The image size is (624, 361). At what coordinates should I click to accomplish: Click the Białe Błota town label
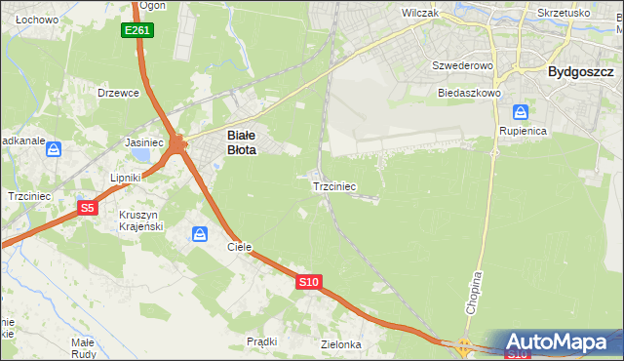pyautogui.click(x=242, y=143)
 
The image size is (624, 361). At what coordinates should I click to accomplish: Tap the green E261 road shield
pyautogui.click(x=137, y=31)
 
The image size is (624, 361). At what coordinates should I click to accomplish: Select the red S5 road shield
pyautogui.click(x=88, y=208)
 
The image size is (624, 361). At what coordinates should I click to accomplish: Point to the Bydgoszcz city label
pyautogui.click(x=580, y=71)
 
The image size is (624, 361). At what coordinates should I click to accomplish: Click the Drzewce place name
pyautogui.click(x=120, y=93)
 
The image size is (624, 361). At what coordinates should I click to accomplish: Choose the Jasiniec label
pyautogui.click(x=143, y=142)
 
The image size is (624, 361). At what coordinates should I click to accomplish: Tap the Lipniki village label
pyautogui.click(x=127, y=179)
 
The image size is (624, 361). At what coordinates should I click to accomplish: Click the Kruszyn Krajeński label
pyautogui.click(x=144, y=221)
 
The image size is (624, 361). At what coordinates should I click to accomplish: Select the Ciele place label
pyautogui.click(x=240, y=247)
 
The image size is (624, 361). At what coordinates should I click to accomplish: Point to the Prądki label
pyautogui.click(x=262, y=341)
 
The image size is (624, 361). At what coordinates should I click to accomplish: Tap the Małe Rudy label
pyautogui.click(x=82, y=347)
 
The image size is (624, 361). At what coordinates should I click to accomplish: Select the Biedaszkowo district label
pyautogui.click(x=469, y=93)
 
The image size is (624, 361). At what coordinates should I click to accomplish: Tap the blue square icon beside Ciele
pyautogui.click(x=200, y=234)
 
